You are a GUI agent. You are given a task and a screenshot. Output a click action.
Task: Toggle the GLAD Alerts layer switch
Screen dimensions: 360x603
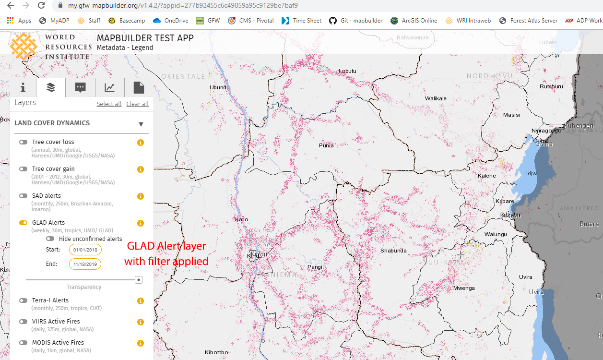(23, 223)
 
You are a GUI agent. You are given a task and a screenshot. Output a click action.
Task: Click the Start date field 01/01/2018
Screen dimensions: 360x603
(85, 250)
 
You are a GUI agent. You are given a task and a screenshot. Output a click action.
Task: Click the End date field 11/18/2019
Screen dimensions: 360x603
(85, 264)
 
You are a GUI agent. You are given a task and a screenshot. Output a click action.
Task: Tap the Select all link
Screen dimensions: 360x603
(109, 104)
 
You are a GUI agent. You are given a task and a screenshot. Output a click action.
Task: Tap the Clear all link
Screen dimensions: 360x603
(137, 104)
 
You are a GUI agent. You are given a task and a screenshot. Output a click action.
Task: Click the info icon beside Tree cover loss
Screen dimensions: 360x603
(141, 143)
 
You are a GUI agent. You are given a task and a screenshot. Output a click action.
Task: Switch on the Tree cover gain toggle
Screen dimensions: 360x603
(23, 169)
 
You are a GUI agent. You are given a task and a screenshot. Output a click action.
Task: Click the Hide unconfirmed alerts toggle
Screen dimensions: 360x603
(50, 239)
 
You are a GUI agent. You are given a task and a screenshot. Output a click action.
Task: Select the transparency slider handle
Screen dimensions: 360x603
(139, 279)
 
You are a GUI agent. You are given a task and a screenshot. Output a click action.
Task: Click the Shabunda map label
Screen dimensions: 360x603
(393, 251)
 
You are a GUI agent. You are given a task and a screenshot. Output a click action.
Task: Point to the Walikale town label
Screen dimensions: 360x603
(436, 98)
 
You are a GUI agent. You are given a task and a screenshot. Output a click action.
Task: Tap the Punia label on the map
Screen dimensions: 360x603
(326, 145)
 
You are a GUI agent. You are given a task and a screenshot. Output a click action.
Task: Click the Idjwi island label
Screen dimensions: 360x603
(532, 173)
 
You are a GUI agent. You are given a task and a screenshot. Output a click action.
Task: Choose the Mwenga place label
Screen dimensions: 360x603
(464, 288)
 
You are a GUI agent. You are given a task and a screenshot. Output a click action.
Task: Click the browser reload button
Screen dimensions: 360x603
(41, 6)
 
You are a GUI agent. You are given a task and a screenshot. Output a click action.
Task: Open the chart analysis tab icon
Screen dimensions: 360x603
(110, 87)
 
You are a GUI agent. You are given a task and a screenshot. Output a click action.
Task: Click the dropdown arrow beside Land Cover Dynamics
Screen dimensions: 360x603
(141, 124)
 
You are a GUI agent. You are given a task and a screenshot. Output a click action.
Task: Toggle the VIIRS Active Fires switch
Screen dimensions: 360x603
(23, 322)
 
